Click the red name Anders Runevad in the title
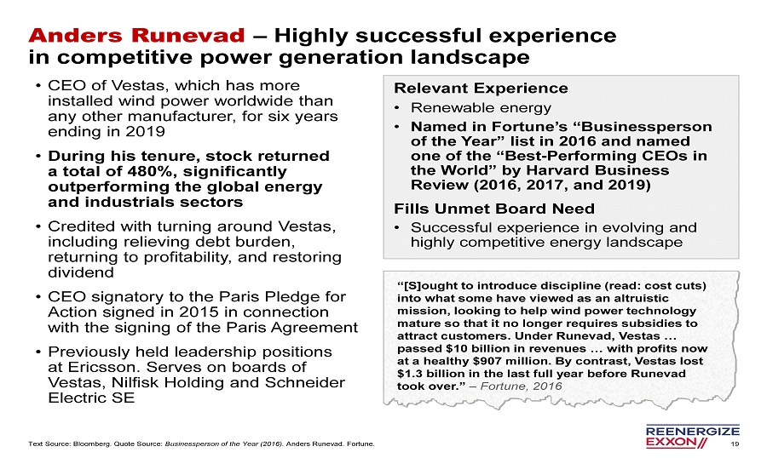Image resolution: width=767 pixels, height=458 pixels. click(136, 36)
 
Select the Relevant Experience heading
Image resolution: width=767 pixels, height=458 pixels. click(481, 88)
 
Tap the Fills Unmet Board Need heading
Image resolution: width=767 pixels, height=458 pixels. click(494, 209)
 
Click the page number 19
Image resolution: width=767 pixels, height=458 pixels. click(735, 444)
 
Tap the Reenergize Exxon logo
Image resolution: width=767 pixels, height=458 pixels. click(693, 437)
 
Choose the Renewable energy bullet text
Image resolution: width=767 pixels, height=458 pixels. click(481, 107)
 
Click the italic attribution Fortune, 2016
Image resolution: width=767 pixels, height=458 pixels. click(521, 386)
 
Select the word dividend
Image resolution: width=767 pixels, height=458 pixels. click(81, 272)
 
